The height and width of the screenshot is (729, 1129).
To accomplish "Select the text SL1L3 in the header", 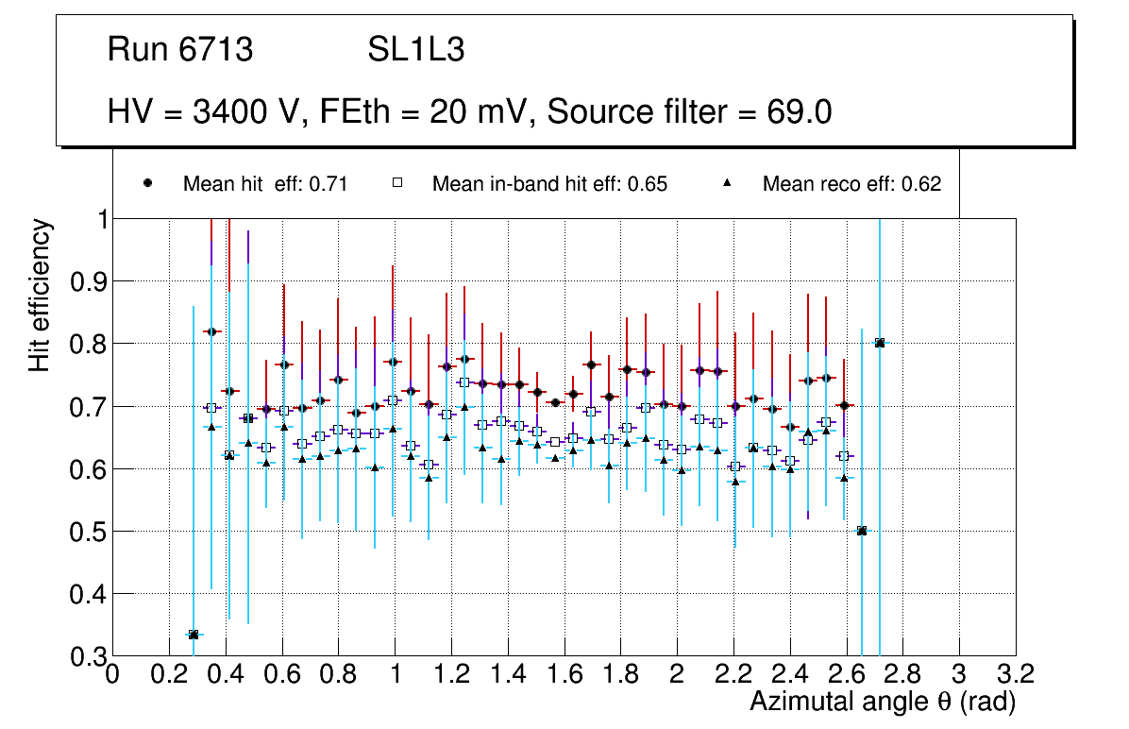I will coord(415,50).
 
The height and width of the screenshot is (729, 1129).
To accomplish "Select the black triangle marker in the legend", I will coord(728,184).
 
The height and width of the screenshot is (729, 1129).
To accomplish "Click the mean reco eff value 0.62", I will coord(921,184).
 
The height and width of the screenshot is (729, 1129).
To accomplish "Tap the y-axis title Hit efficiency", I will coord(40,296).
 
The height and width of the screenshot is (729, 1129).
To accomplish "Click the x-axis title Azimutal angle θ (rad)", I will coord(883,702).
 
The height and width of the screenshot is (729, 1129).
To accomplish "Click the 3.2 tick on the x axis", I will coord(1016,673).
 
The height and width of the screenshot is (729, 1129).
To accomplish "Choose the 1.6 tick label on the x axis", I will coord(564,673).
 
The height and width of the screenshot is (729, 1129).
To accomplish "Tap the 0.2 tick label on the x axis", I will coord(169,673).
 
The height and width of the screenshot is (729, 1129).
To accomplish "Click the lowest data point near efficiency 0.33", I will coord(194,635).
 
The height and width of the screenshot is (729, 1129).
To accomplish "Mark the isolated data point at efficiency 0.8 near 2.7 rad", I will coord(880,343).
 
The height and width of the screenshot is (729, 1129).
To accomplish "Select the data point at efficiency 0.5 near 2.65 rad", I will coord(862,531).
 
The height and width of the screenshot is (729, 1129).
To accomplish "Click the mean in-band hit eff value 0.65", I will coord(649,184).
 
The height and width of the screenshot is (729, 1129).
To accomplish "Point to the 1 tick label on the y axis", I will coord(96,219).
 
